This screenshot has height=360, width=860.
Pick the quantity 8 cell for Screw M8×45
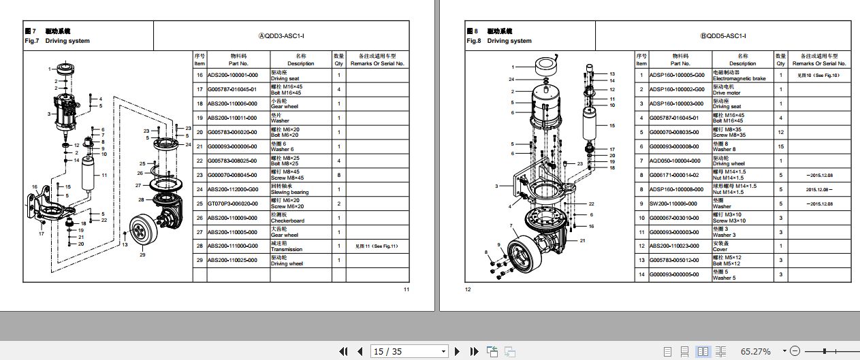338,175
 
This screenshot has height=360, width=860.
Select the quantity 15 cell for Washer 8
780,146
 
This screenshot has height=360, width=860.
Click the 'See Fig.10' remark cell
818,76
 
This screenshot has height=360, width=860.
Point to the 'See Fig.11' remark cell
377,246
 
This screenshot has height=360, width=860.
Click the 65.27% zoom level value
756,351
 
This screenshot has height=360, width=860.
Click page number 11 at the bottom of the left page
407,290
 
